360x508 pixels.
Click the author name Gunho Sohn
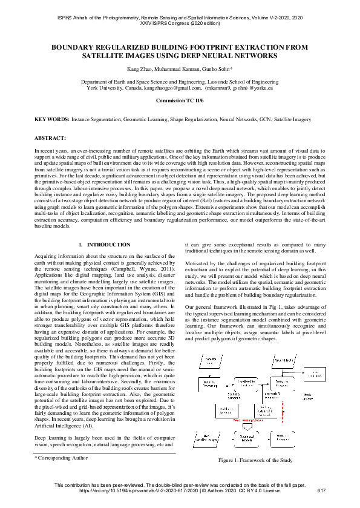(214, 70)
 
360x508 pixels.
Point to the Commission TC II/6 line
(180, 101)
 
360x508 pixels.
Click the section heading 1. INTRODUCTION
(105, 245)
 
